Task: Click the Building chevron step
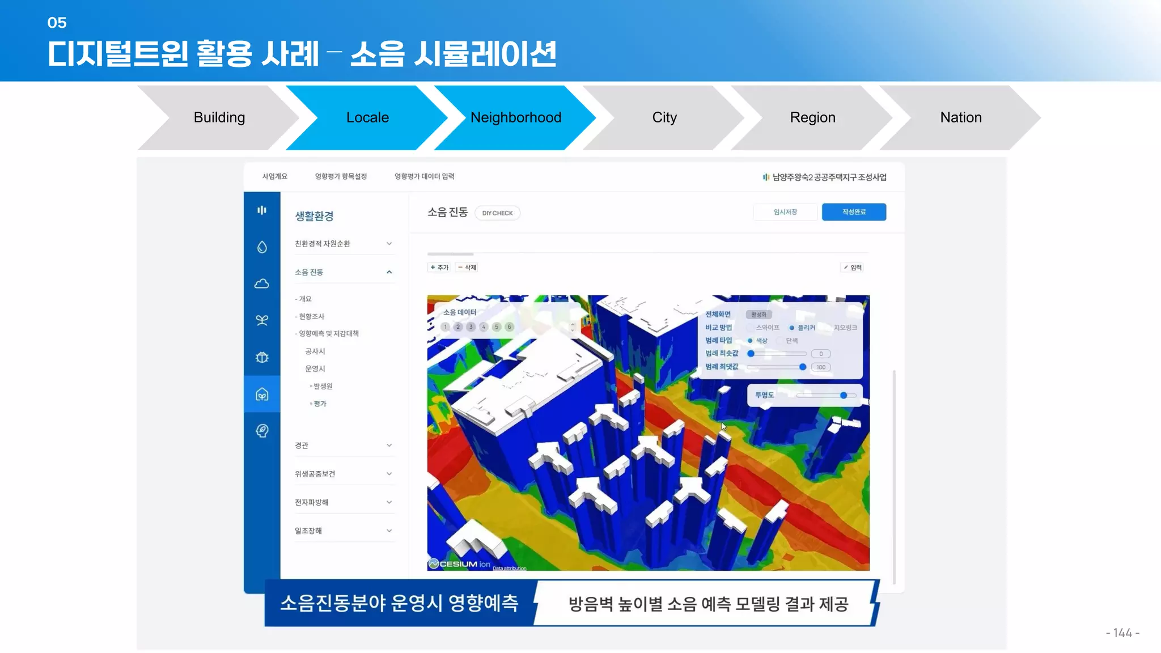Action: [219, 117]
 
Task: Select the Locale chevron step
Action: [367, 117]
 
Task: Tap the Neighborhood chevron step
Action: [515, 117]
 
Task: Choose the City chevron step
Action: [664, 117]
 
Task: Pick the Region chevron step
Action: [812, 117]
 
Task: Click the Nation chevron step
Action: [961, 117]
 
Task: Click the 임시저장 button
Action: [785, 212]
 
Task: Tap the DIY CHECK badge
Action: [497, 213]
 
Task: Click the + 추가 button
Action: [439, 268]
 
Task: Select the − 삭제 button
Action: [468, 268]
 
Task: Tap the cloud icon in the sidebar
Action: [262, 283]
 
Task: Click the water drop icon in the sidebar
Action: [262, 247]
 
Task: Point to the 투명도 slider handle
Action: [844, 395]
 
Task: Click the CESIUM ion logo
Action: [460, 564]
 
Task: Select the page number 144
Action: [1122, 633]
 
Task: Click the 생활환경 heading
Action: [314, 216]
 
